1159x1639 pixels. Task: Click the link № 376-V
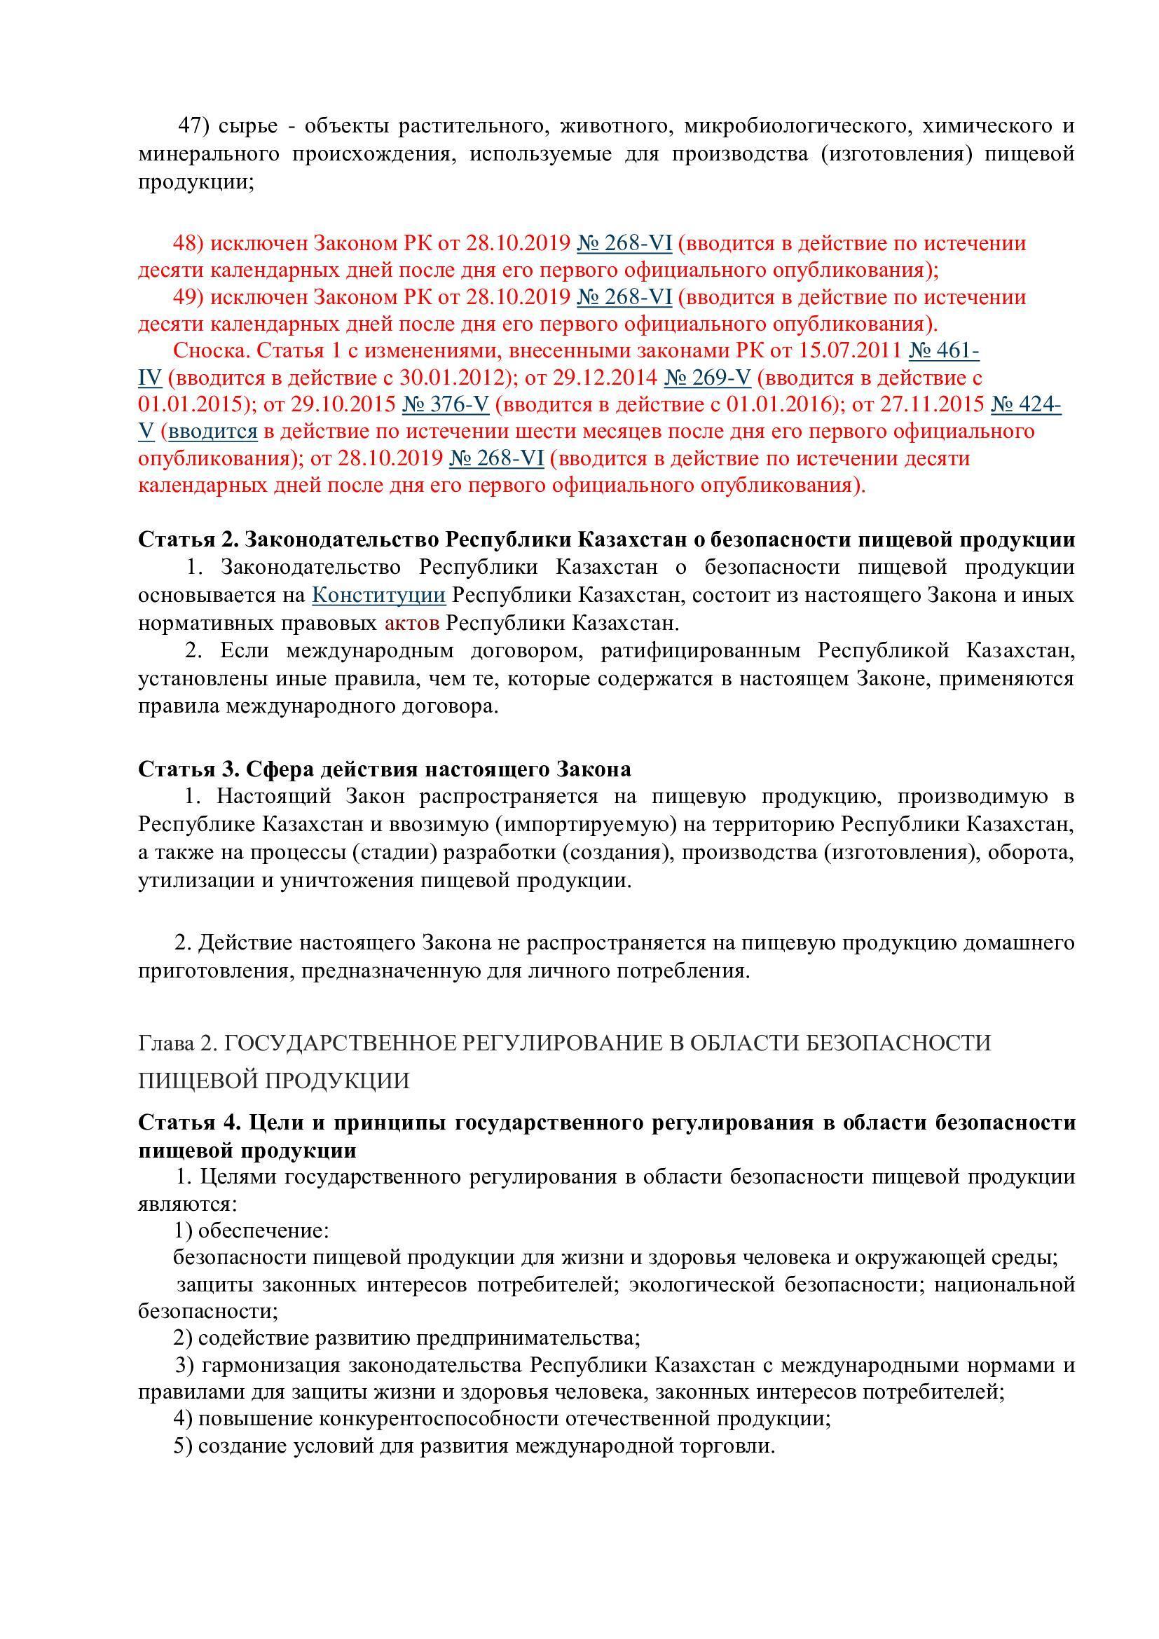(446, 404)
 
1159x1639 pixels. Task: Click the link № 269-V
(707, 377)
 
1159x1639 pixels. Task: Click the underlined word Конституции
(379, 595)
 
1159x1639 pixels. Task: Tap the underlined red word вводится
(213, 431)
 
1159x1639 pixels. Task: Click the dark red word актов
(412, 622)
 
